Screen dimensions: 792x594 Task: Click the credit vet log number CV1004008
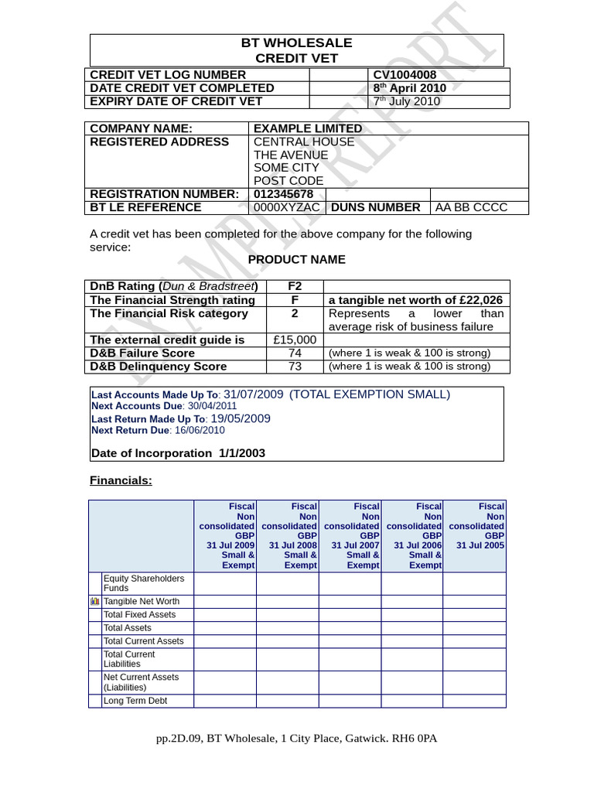[x=405, y=75]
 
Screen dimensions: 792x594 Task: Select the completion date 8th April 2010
[x=409, y=88]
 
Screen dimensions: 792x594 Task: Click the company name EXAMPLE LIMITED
[x=308, y=128]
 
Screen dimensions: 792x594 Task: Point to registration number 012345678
[x=283, y=194]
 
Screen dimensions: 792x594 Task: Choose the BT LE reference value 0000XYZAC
[x=286, y=207]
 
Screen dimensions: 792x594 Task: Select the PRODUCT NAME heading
[x=296, y=260]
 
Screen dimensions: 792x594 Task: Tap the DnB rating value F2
[x=294, y=287]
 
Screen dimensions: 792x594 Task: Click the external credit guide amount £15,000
[x=295, y=340]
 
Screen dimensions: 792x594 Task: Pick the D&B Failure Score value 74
[x=295, y=353]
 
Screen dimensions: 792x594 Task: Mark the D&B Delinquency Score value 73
[x=295, y=366]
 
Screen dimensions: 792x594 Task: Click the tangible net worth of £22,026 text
[x=415, y=300]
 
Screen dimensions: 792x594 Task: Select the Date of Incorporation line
[x=178, y=453]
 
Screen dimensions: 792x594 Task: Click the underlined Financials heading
[x=121, y=481]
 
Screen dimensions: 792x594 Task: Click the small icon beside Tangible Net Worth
[x=95, y=601]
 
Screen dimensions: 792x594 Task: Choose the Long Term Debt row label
[x=135, y=701]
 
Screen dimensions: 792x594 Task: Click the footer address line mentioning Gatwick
[x=296, y=739]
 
